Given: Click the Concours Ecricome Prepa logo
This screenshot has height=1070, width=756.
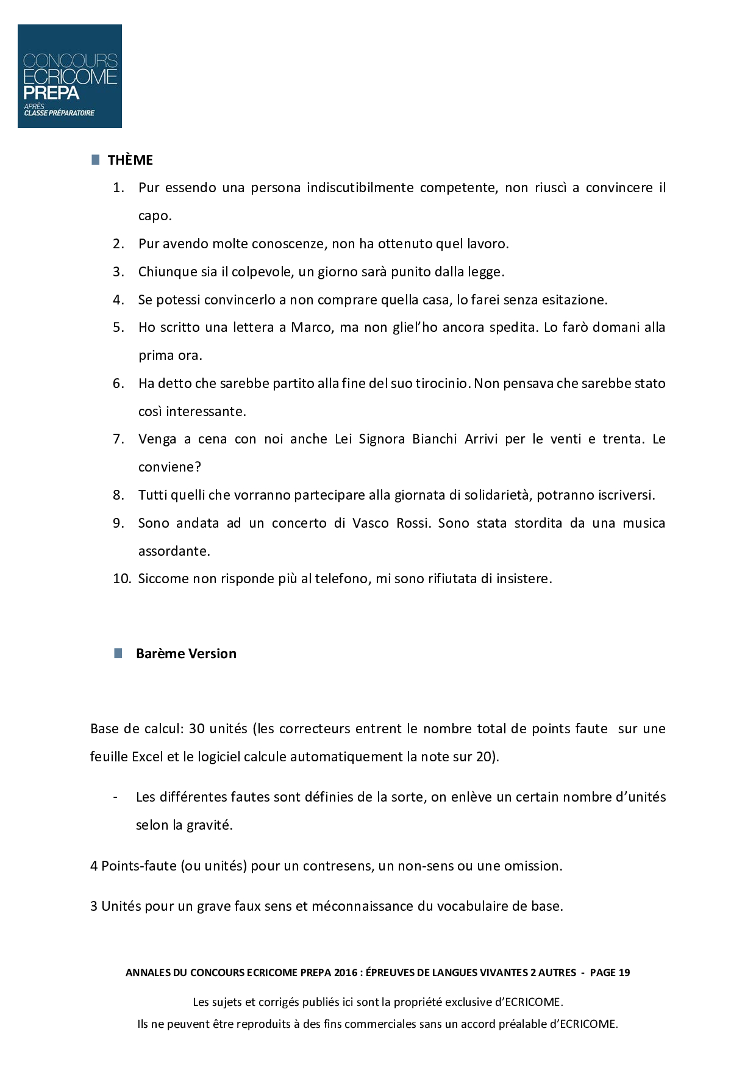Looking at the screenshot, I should [70, 76].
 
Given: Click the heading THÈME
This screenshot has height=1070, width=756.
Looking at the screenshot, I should [130, 160].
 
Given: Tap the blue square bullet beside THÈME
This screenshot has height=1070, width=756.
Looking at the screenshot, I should [95, 159].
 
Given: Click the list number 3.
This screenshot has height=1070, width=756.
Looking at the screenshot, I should [118, 271].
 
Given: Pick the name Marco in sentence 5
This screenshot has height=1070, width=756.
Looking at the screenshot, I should [311, 327].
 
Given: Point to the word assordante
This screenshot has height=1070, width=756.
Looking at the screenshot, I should [174, 551].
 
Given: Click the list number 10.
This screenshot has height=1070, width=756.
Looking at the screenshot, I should [122, 578].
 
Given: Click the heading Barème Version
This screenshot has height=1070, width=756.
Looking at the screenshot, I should [186, 653].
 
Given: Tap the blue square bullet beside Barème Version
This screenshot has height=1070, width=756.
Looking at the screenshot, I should [118, 653].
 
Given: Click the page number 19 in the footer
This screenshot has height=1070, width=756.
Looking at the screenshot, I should [624, 972].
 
